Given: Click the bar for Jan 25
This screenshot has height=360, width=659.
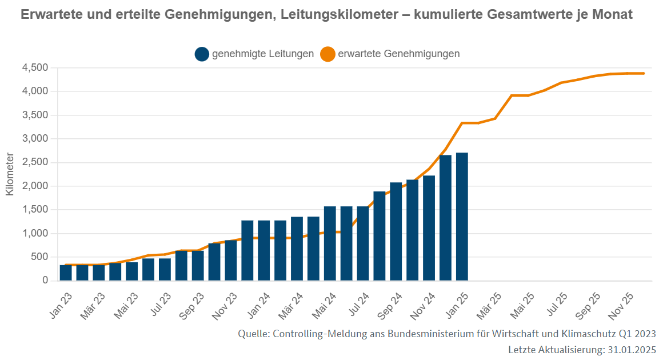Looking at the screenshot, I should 462,217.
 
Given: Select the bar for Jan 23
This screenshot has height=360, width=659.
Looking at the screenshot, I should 66,273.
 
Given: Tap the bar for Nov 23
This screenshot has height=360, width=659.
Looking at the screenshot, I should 231,261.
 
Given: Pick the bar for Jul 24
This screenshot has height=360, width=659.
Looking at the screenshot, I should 363,243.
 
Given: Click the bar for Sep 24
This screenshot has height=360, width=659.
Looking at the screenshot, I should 396,231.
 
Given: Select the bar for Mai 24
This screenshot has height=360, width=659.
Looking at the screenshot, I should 330,243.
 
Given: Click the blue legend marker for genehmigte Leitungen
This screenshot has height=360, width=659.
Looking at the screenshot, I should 202,54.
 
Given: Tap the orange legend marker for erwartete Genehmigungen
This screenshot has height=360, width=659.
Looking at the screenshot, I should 327,54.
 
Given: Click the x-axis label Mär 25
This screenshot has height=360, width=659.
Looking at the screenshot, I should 489,306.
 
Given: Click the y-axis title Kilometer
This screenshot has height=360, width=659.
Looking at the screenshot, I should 10,174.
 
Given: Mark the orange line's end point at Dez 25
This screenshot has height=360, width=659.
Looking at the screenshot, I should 644,73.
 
